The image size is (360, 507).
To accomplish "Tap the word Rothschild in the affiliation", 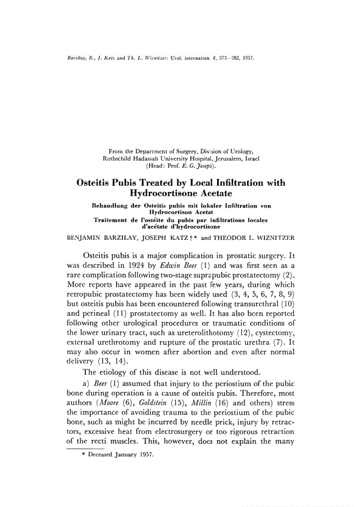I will coord(119,158).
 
